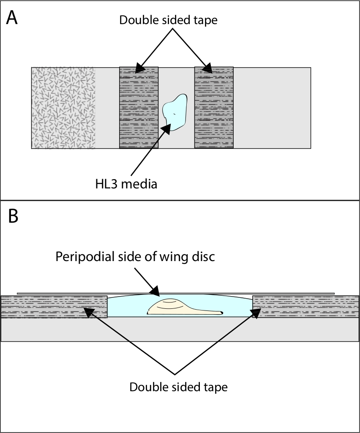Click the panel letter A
pos(12,18)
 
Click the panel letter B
pos(13,216)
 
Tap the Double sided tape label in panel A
pos(168,20)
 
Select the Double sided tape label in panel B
pos(178,387)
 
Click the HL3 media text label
pos(126,184)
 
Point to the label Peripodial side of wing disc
pos(135,257)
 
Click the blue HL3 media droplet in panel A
pos(175,112)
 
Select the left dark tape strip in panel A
pos(139,108)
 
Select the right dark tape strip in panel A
pos(214,108)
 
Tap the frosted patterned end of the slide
pos(63,108)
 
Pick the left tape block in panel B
pos(54,307)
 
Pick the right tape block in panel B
pos(306,307)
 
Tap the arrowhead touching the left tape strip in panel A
pos(140,68)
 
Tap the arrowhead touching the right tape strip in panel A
pos(207,68)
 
